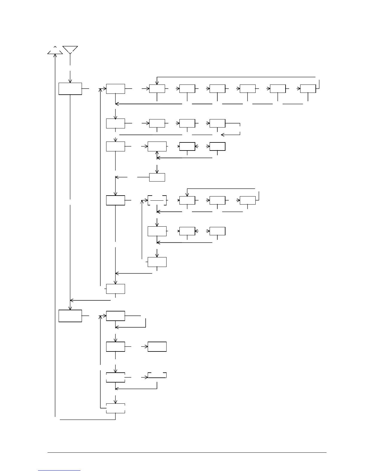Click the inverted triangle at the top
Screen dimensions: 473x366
click(x=70, y=50)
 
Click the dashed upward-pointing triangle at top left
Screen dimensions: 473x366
click(x=55, y=51)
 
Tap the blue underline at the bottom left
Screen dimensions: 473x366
click(x=59, y=470)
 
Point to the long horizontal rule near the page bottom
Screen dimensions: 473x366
click(x=187, y=452)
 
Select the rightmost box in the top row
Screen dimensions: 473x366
click(x=308, y=89)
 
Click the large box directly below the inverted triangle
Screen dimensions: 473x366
click(x=70, y=89)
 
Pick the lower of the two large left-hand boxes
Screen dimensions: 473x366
click(x=70, y=316)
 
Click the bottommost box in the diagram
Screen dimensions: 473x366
click(x=115, y=408)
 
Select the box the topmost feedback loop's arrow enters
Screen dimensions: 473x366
click(x=157, y=89)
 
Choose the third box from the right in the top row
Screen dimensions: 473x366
click(x=248, y=89)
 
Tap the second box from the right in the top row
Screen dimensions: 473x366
click(x=278, y=89)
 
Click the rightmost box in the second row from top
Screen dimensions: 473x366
click(x=217, y=123)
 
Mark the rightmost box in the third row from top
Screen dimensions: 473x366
click(x=217, y=146)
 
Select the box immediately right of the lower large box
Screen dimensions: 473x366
click(x=115, y=316)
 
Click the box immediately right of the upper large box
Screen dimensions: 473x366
click(x=115, y=89)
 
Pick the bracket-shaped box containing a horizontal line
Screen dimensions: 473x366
click(x=157, y=200)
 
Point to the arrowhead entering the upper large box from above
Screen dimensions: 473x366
click(x=70, y=81)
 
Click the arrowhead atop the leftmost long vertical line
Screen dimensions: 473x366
click(x=55, y=56)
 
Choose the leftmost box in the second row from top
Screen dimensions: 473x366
click(x=115, y=123)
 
